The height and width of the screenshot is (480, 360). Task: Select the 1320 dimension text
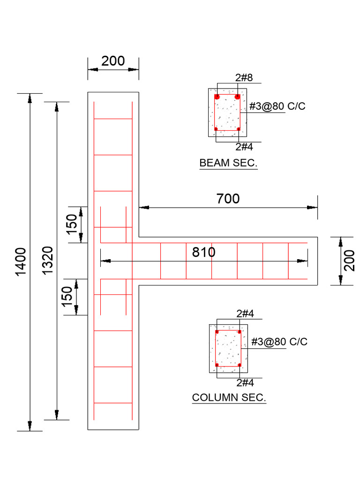pos(49,261)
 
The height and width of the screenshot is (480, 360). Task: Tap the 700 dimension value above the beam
pos(228,199)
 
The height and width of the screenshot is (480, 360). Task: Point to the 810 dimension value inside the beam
pos(204,252)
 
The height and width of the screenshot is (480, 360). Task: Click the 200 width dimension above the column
pos(113,61)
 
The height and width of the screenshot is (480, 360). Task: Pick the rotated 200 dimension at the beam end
pos(349,261)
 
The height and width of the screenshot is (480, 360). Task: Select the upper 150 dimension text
pos(71,225)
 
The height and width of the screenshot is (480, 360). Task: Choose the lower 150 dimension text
pos(67,297)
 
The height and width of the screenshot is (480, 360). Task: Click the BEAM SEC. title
pos(228,163)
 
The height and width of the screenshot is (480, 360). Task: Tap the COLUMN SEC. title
pos(229,398)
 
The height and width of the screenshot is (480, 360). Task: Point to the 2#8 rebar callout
pos(244,78)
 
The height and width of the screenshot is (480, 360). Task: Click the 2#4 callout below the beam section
pos(244,147)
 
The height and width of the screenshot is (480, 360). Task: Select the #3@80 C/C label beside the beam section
pos(277,106)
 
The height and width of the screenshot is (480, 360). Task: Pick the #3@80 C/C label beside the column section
pos(279,342)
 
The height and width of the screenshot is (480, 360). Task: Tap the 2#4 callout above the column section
pos(245,313)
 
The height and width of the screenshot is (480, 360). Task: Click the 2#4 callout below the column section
pos(245,382)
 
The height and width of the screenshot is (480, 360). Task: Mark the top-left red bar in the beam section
pos(217,97)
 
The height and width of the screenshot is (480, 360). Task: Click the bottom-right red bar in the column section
pos(239,365)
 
